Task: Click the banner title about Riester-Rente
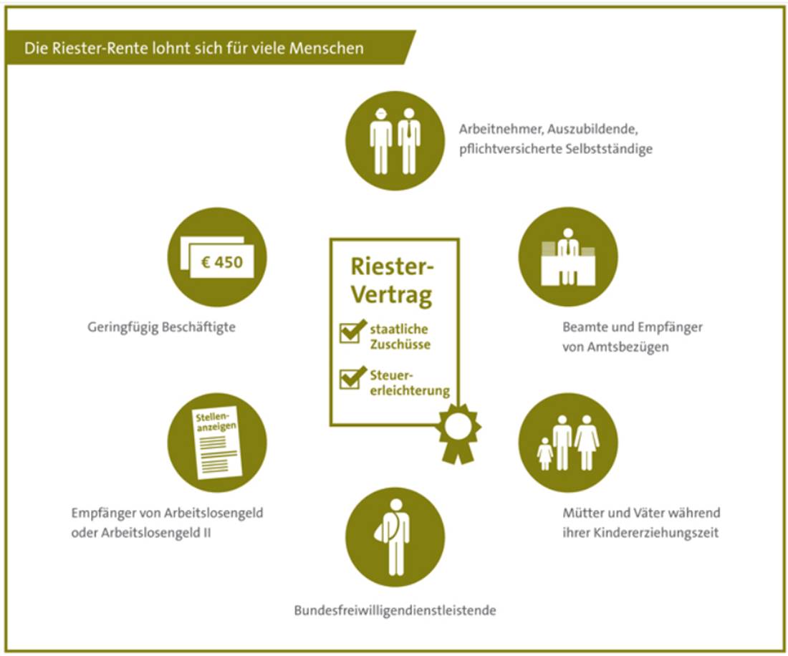(194, 48)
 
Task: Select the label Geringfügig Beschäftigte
(161, 327)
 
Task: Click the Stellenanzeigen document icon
(216, 443)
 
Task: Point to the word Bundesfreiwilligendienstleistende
(395, 610)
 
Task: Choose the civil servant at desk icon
(568, 257)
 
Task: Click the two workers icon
(395, 141)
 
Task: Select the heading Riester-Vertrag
(392, 280)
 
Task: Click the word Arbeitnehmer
(501, 129)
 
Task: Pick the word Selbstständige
(609, 149)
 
